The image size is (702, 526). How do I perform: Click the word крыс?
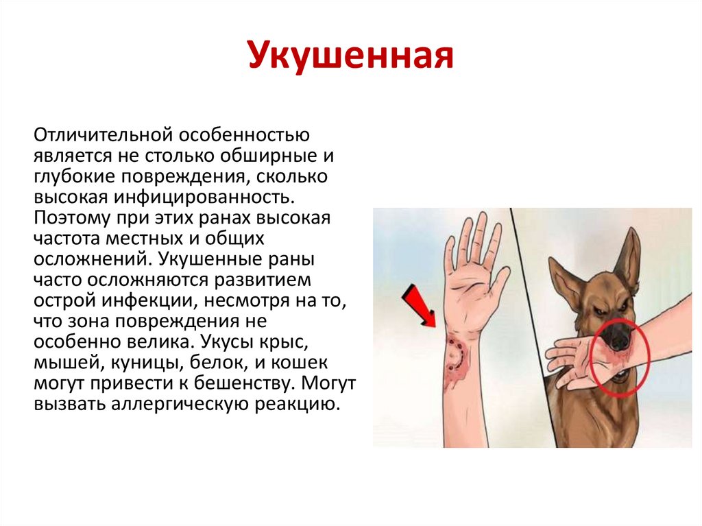click(x=286, y=342)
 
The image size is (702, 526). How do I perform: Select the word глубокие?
click(x=74, y=176)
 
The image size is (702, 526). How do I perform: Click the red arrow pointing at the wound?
click(x=419, y=307)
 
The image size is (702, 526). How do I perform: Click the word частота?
click(x=67, y=239)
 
